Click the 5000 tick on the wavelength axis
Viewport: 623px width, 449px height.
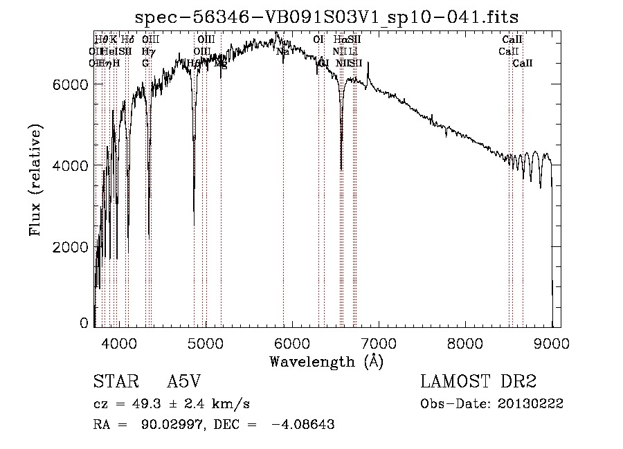[x=206, y=342]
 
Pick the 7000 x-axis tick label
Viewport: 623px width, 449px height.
[x=379, y=342]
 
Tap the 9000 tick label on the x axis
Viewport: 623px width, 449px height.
[x=552, y=342]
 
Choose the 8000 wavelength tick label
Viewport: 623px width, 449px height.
[x=465, y=342]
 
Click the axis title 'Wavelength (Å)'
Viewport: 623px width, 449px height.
[x=326, y=360]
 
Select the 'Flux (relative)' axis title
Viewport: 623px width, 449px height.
[x=35, y=180]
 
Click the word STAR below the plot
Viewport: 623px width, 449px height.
[x=114, y=382]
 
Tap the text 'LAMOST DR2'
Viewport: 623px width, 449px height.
[x=478, y=382]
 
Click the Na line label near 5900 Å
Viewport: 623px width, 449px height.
[x=282, y=51]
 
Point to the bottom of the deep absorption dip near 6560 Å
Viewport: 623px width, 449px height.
[x=341, y=168]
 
